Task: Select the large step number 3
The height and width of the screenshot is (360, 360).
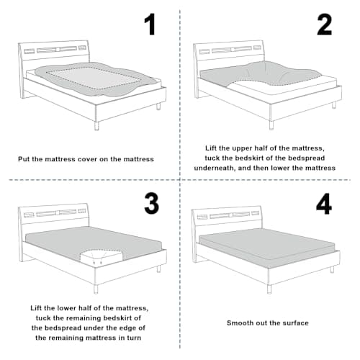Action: point(151,204)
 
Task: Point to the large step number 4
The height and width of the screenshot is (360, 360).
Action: point(324,204)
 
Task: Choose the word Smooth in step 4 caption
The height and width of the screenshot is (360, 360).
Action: point(240,323)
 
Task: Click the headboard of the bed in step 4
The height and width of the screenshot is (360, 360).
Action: point(227,216)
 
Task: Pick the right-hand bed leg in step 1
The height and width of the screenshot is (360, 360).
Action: point(158,106)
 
